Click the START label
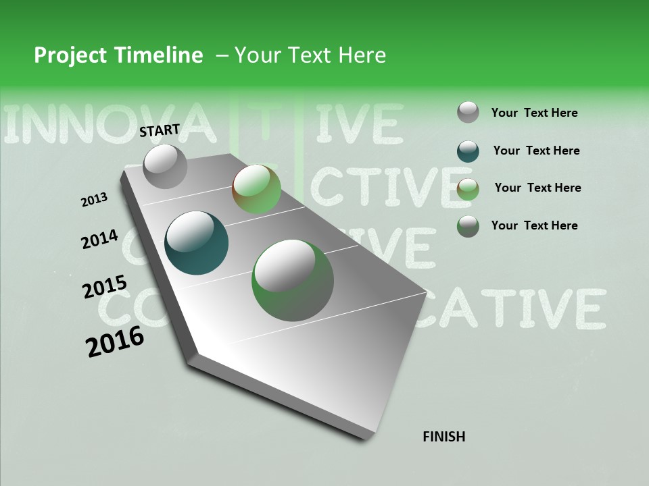click(x=160, y=130)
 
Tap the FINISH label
click(x=443, y=437)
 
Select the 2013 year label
click(x=94, y=200)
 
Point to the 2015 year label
click(x=104, y=287)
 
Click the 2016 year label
click(x=115, y=341)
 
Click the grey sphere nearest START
click(x=165, y=167)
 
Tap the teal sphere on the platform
click(x=196, y=243)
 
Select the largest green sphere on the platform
click(x=293, y=280)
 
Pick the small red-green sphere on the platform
click(x=256, y=189)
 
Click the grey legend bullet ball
click(x=468, y=112)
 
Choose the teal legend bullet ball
click(x=468, y=151)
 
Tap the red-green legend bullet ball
click(x=468, y=189)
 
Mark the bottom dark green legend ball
click(x=468, y=226)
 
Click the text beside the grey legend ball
click(x=534, y=113)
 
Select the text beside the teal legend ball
click(x=536, y=151)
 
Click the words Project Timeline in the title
click(x=118, y=55)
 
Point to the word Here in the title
click(x=362, y=55)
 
